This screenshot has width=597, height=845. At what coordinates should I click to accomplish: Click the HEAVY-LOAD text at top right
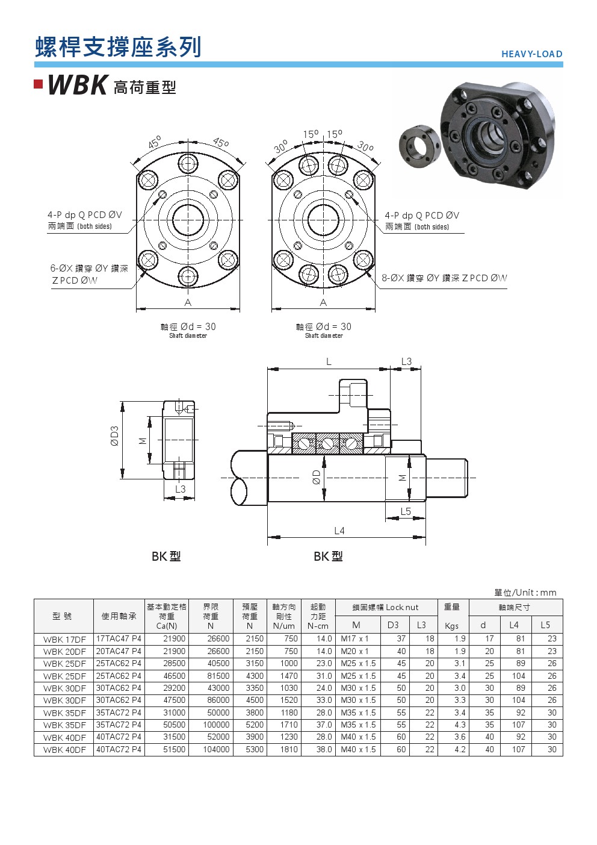pyautogui.click(x=532, y=54)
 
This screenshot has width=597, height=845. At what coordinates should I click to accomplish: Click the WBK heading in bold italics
pyautogui.click(x=78, y=86)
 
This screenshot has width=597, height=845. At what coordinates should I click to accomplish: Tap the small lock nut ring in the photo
pyautogui.click(x=419, y=145)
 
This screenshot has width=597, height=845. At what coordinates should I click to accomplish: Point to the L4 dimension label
pyautogui.click(x=339, y=531)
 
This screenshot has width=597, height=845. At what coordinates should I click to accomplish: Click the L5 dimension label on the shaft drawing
pyautogui.click(x=406, y=511)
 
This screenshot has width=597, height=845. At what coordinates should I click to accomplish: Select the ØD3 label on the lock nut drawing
pyautogui.click(x=114, y=435)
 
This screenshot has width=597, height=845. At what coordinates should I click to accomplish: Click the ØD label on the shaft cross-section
pyautogui.click(x=317, y=477)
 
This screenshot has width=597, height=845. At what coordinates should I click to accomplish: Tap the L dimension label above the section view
pyautogui.click(x=329, y=361)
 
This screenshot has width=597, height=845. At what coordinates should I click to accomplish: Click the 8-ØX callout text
pyautogui.click(x=444, y=278)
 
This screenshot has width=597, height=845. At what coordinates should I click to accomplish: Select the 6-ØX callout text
pyautogui.click(x=89, y=274)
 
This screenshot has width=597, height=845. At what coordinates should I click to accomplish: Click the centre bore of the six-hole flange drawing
pyautogui.click(x=188, y=220)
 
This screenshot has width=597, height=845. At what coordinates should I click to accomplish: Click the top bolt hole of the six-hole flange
pyautogui.click(x=188, y=164)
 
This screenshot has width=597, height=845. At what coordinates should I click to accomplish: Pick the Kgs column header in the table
pyautogui.click(x=451, y=626)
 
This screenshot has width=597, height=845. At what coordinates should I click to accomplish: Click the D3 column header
pyautogui.click(x=393, y=625)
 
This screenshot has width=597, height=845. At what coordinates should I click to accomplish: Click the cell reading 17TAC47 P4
pyautogui.click(x=119, y=638)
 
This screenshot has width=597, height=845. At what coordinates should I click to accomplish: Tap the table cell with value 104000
pyautogui.click(x=216, y=749)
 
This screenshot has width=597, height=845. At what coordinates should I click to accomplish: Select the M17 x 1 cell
pyautogui.click(x=354, y=638)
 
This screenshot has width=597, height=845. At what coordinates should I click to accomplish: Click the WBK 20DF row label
pyautogui.click(x=64, y=652)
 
